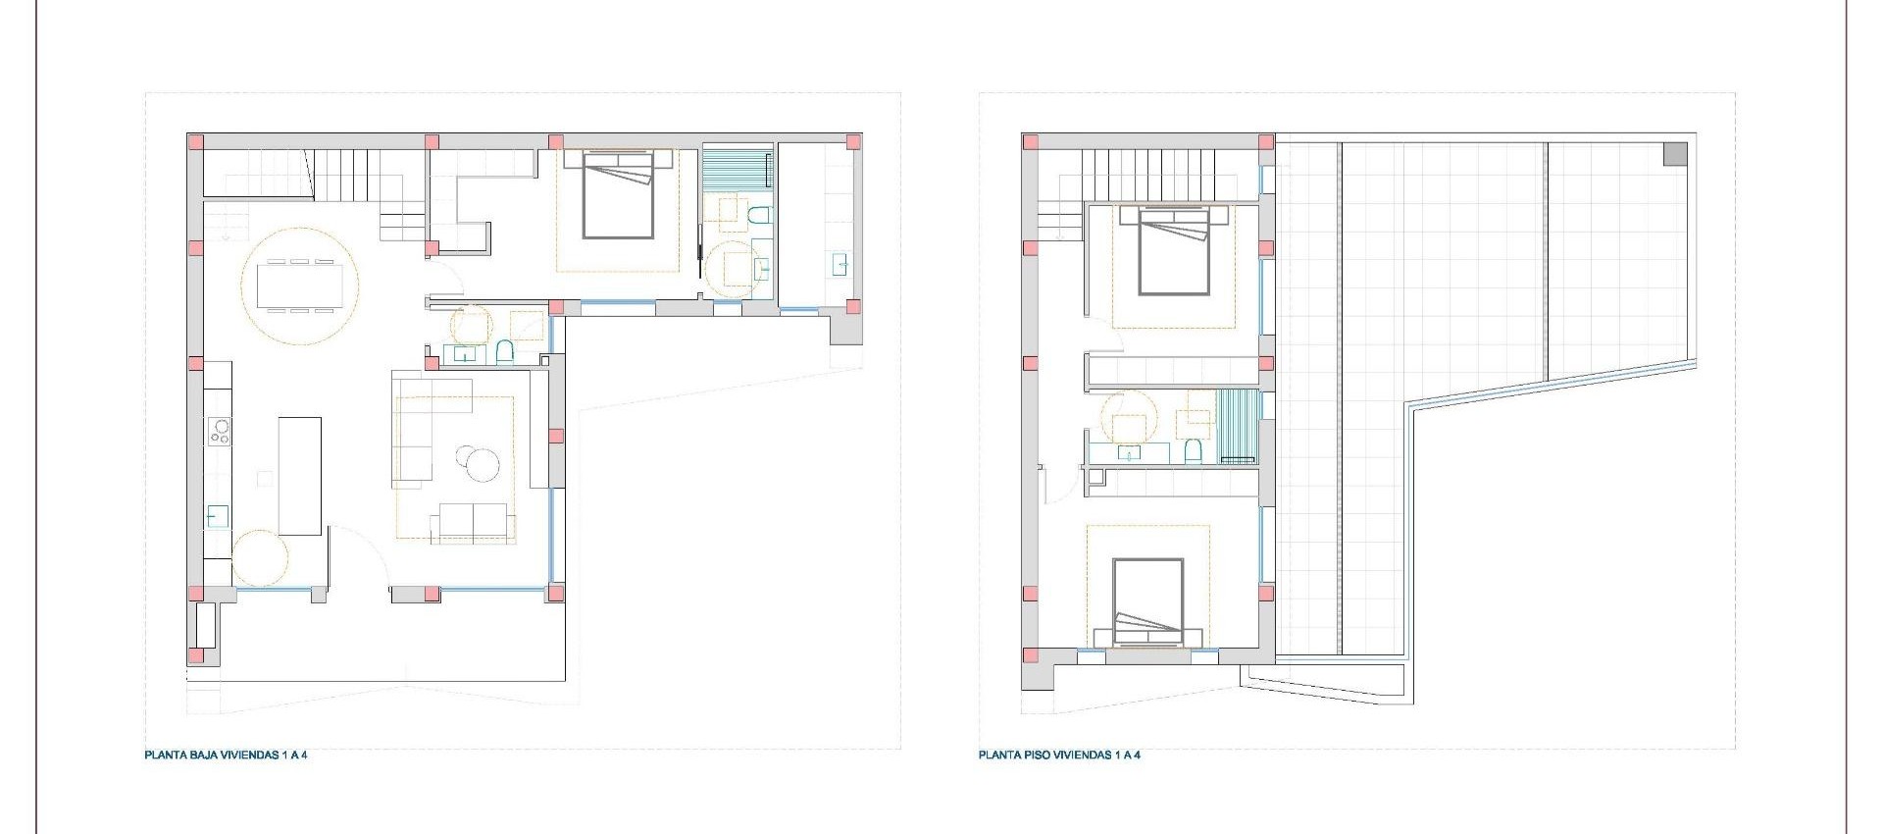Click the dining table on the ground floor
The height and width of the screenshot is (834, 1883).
300,286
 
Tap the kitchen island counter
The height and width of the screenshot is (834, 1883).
300,476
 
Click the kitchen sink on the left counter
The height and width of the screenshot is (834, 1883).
217,516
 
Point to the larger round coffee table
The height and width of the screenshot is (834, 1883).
483,463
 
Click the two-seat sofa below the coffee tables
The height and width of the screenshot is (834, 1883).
473,522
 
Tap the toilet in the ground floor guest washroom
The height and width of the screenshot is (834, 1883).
505,351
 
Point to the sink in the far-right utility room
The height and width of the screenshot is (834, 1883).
840,264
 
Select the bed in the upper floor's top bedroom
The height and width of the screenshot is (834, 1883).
1174,250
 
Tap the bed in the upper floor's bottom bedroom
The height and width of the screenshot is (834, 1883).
1148,600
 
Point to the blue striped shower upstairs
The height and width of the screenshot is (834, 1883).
1237,426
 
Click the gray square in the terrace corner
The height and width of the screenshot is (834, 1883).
1675,154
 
